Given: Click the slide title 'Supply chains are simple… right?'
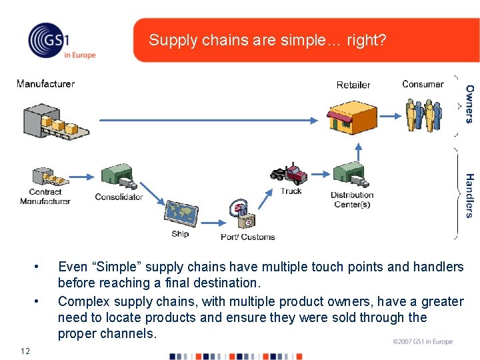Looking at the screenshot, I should (x=267, y=40).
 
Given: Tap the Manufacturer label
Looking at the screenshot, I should (x=45, y=84).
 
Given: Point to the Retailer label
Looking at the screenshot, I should (x=353, y=85).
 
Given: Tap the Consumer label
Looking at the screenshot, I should (x=423, y=84).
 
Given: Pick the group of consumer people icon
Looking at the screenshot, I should (x=423, y=115).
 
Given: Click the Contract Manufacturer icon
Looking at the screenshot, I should (x=48, y=176).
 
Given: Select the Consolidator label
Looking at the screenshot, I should (x=119, y=197).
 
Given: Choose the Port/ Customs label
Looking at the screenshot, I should (x=248, y=237).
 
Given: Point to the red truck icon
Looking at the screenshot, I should (x=289, y=173).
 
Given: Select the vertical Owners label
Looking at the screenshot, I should (x=470, y=103).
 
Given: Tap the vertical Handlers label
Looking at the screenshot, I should (x=470, y=195).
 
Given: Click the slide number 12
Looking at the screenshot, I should (x=25, y=351).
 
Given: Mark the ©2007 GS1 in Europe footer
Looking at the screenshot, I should (x=423, y=342).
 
